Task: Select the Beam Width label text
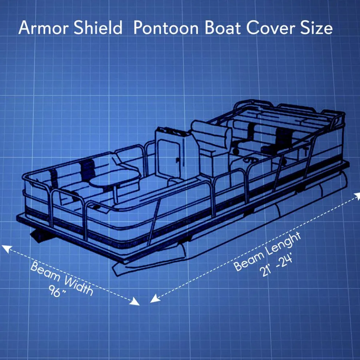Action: click(62, 278)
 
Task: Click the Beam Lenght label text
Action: click(267, 251)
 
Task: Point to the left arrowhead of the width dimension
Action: click(6, 248)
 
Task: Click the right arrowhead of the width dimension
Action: click(136, 301)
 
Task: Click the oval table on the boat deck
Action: click(115, 180)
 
